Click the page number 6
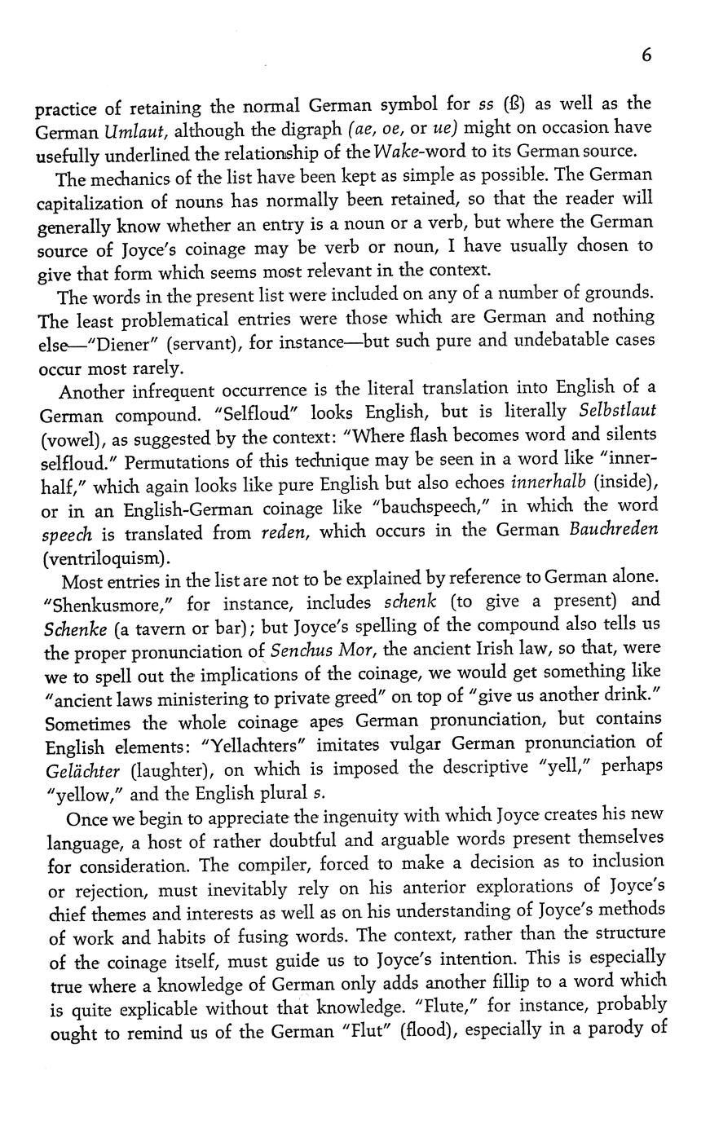tap(646, 55)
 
